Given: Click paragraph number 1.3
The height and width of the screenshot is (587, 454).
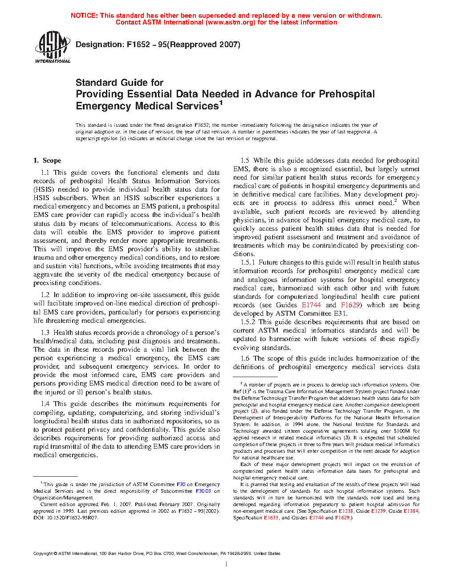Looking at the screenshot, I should click(45, 333).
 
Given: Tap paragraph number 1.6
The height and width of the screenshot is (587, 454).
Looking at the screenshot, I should click(245, 358).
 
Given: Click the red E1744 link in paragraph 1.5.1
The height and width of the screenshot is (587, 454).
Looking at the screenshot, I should click(311, 305).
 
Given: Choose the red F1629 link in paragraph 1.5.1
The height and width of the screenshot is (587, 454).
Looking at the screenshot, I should click(350, 305).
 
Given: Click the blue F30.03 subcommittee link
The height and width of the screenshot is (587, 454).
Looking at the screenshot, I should click(203, 491).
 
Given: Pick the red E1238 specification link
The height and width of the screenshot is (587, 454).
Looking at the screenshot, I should click(346, 511).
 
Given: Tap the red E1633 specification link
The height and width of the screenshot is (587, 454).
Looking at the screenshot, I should click(271, 518).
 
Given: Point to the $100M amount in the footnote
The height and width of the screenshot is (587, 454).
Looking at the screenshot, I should click(402, 431).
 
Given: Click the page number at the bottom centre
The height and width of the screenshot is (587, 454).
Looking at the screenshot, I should click(227, 564).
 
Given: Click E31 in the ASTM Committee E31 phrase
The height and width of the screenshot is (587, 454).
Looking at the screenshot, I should click(341, 314).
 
